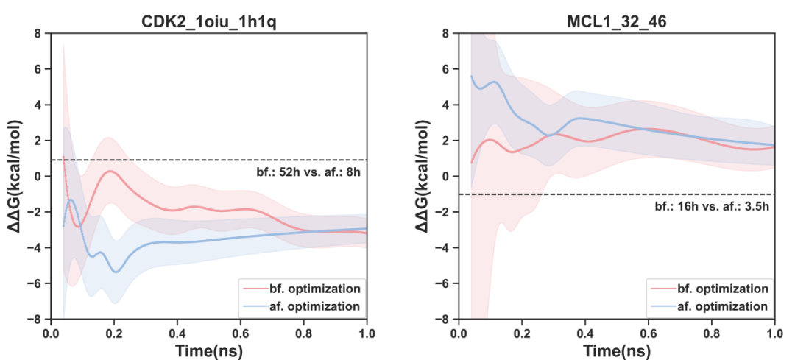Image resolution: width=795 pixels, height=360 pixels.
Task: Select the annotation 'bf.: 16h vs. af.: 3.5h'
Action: (711, 208)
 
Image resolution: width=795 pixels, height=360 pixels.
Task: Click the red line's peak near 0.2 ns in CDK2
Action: (111, 171)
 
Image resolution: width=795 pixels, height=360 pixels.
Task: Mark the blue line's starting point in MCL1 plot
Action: (471, 76)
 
